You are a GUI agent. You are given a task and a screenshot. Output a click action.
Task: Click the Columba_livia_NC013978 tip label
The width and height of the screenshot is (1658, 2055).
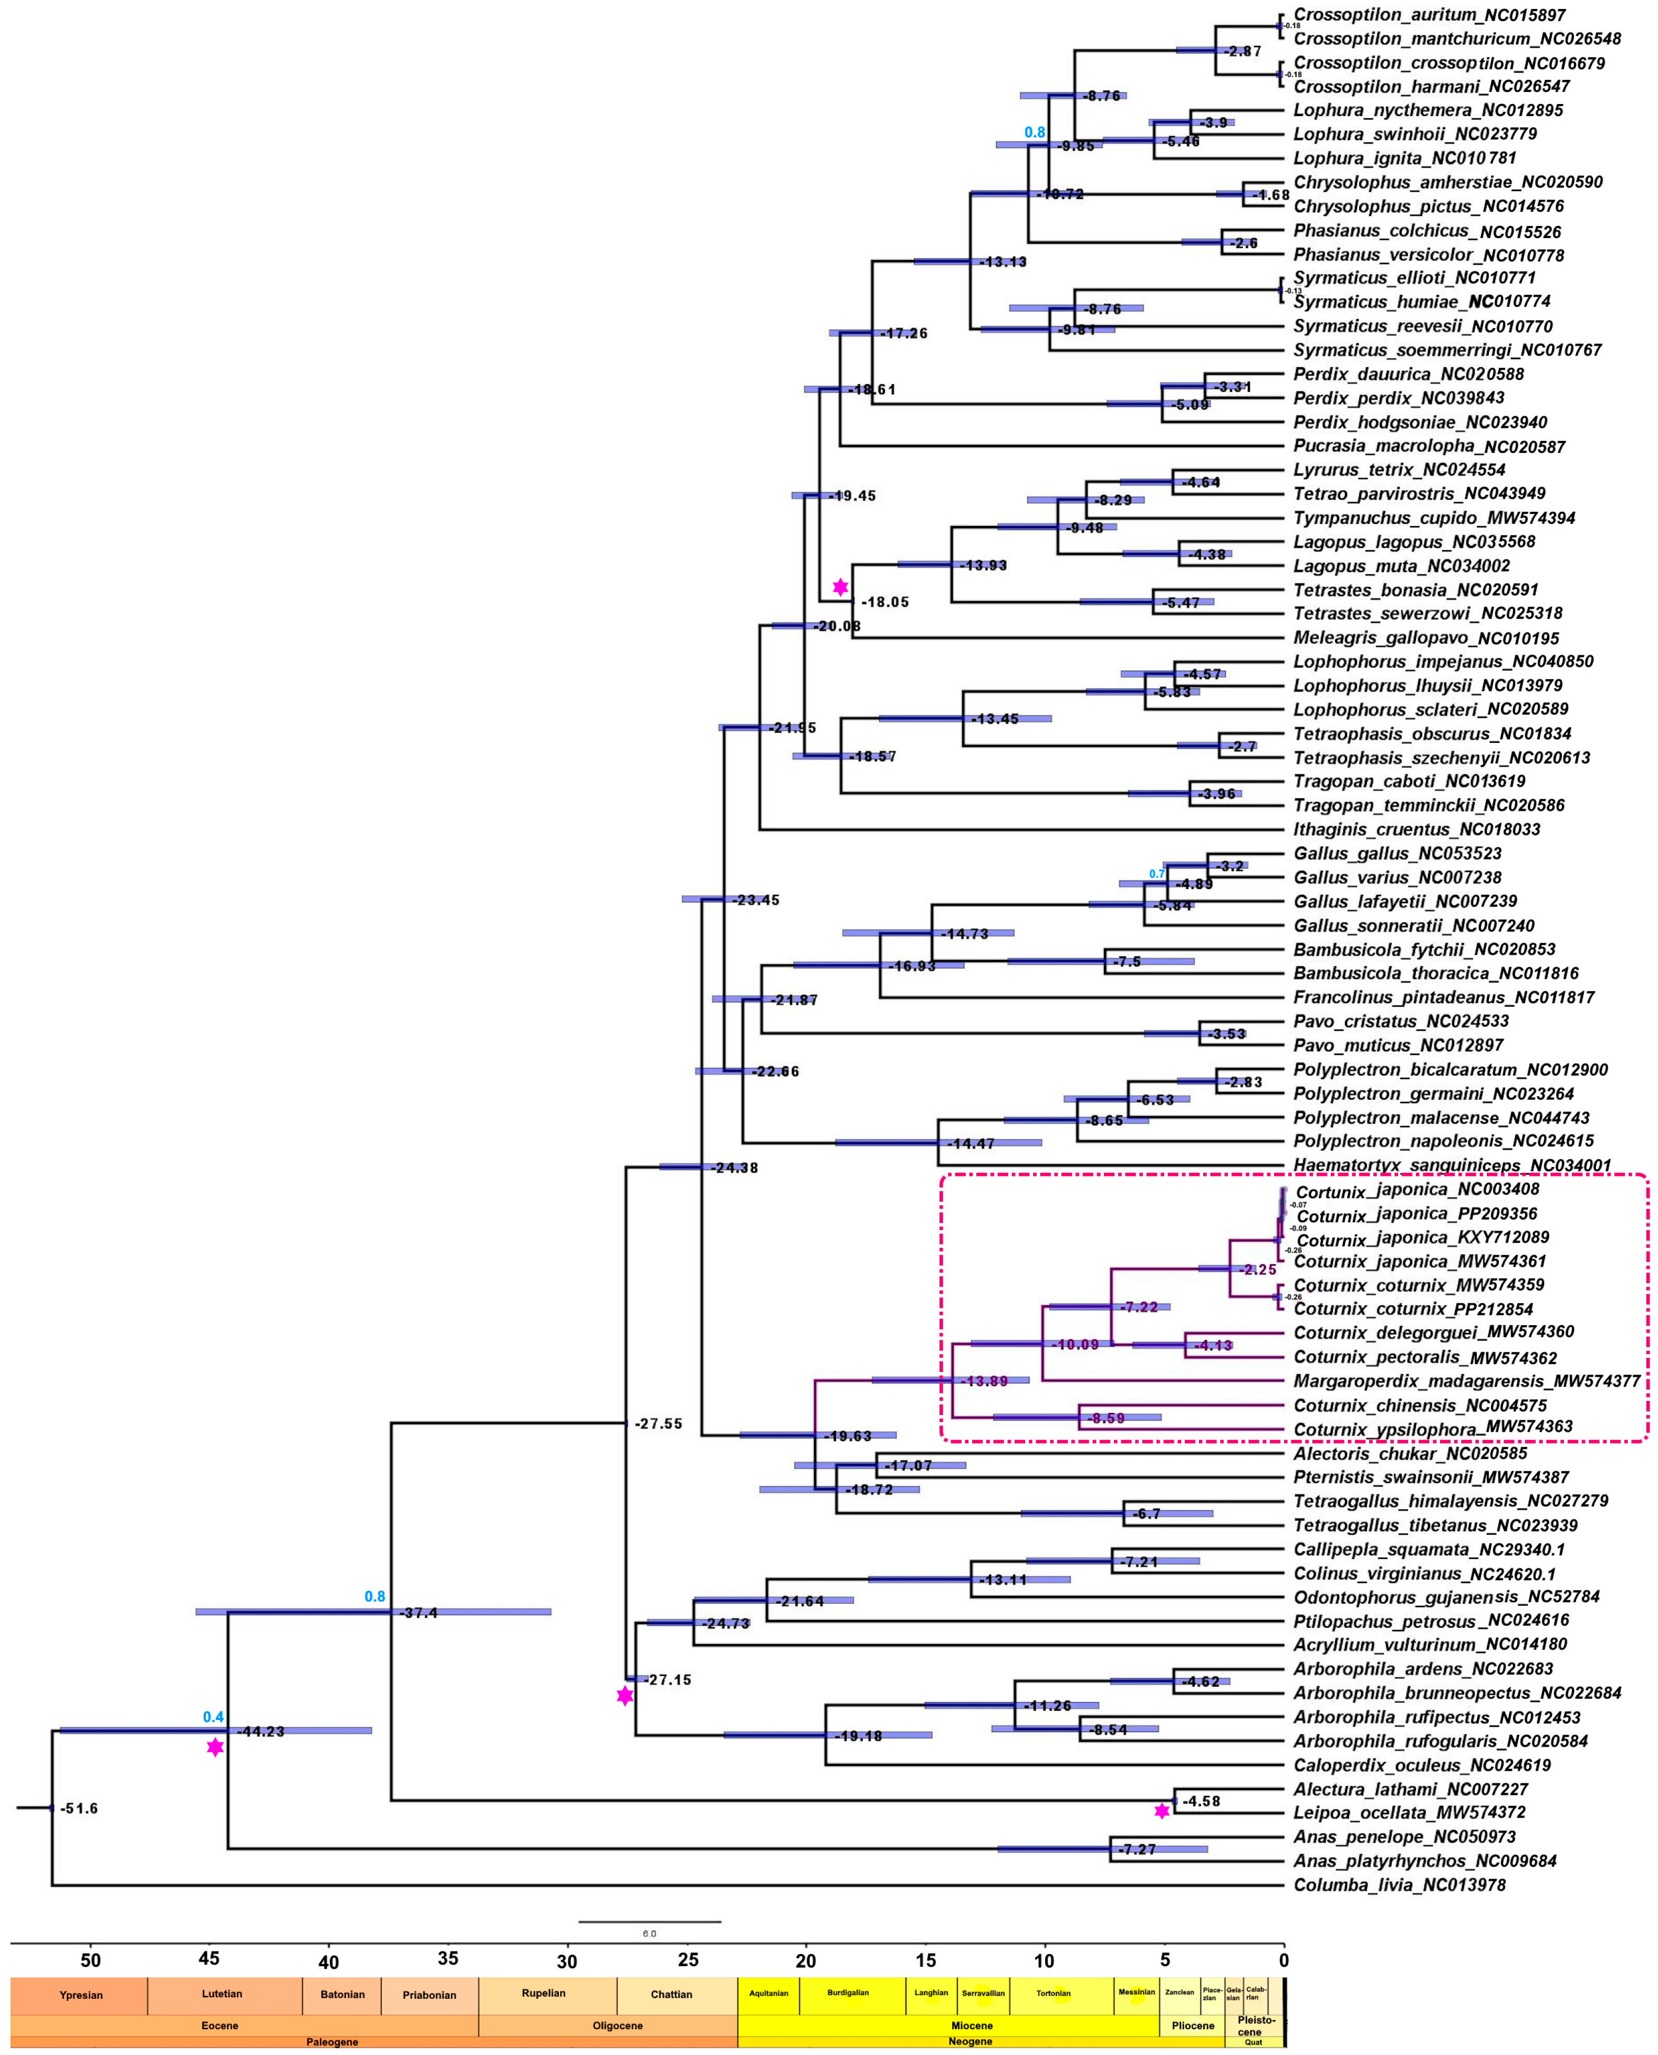coord(1399,1885)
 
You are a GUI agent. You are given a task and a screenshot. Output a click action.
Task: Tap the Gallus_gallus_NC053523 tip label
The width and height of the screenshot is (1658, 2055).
coord(1398,853)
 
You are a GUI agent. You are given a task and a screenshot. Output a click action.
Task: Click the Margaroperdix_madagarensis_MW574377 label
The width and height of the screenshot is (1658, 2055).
coord(1466,1380)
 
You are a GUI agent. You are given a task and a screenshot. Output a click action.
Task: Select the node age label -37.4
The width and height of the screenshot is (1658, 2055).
coord(420,1613)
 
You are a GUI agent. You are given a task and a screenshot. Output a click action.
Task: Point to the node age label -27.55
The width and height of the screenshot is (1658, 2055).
coord(659,1423)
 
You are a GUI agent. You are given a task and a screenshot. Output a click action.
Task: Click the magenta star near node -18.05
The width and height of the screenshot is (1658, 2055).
coord(840,586)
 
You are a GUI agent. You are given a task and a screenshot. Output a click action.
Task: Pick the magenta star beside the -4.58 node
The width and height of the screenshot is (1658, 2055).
coord(1161,1811)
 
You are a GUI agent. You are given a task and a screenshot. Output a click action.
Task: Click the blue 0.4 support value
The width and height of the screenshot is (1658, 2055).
coord(213,1717)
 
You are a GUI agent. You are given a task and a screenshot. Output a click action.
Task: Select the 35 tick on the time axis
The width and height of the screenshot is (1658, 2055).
coord(448,1958)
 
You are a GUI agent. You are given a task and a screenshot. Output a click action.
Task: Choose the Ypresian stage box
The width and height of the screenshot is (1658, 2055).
coord(81,1995)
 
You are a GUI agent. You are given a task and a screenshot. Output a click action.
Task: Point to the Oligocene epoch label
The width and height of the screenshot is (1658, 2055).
coord(617,2026)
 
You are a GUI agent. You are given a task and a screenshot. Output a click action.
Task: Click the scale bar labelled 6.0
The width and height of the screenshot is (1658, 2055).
coord(650,1921)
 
